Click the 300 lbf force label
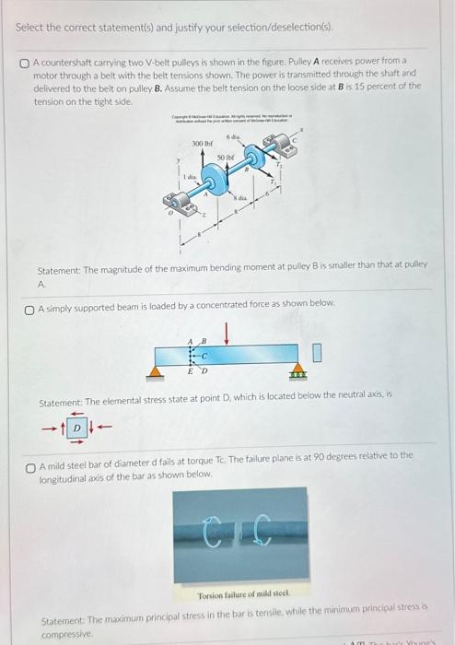201,145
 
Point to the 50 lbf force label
226,158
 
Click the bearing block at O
169,201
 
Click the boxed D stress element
79,427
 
